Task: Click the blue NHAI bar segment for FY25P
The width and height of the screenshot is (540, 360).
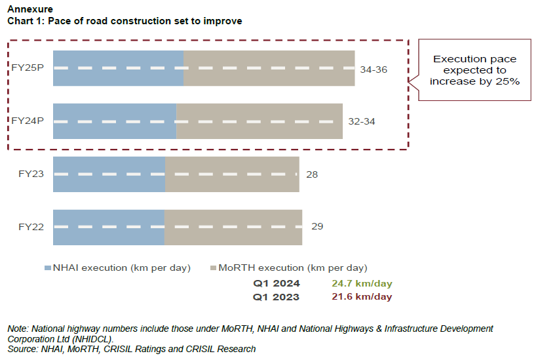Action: click(118, 68)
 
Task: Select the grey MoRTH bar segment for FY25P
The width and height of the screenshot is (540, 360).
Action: click(269, 68)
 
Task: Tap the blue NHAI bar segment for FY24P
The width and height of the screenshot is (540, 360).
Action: click(115, 121)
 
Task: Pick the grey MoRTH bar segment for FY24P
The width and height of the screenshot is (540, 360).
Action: click(260, 121)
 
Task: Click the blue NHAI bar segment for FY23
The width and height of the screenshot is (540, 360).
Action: click(109, 174)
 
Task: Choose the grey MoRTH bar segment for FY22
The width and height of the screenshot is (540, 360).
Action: click(233, 228)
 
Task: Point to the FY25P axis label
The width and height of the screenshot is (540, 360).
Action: click(28, 68)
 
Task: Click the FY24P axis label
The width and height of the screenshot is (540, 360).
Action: click(28, 121)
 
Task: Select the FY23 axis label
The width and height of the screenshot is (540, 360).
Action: click(31, 174)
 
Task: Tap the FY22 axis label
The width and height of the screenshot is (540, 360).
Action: click(31, 228)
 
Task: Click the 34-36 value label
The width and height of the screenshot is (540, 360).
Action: click(374, 69)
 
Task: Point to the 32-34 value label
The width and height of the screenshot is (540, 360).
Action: click(362, 122)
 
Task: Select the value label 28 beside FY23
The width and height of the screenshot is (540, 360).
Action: click(312, 174)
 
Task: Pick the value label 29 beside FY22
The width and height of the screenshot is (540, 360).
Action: click(317, 226)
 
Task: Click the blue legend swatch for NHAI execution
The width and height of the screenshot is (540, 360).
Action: click(48, 268)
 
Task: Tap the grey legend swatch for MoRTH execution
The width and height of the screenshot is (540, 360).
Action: click(212, 268)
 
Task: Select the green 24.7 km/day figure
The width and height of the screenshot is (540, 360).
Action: click(362, 284)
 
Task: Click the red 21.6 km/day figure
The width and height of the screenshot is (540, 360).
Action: click(362, 297)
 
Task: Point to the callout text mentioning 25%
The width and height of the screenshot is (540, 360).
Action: click(474, 70)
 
